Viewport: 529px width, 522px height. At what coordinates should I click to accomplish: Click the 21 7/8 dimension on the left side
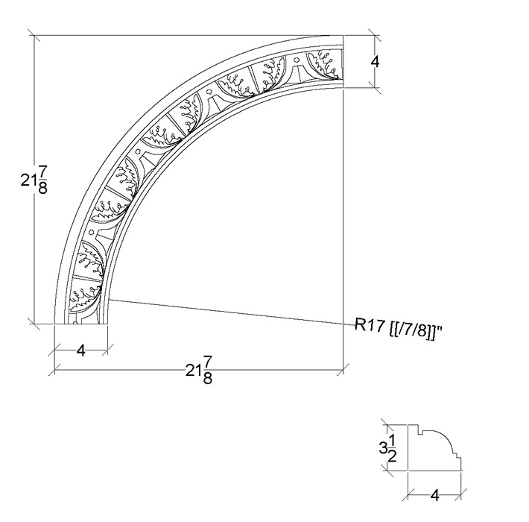pyautogui.click(x=34, y=180)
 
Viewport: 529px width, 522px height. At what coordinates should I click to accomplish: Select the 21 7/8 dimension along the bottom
pyautogui.click(x=199, y=371)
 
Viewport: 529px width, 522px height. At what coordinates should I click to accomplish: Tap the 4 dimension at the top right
pyautogui.click(x=375, y=62)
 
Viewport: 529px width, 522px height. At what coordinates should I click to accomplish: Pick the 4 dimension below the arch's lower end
pyautogui.click(x=81, y=350)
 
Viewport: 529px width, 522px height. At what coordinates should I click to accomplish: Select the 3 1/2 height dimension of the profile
pyautogui.click(x=387, y=447)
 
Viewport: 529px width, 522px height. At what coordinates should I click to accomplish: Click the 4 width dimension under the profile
pyautogui.click(x=435, y=496)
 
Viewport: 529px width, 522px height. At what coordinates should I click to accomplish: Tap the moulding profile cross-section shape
pyautogui.click(x=434, y=447)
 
